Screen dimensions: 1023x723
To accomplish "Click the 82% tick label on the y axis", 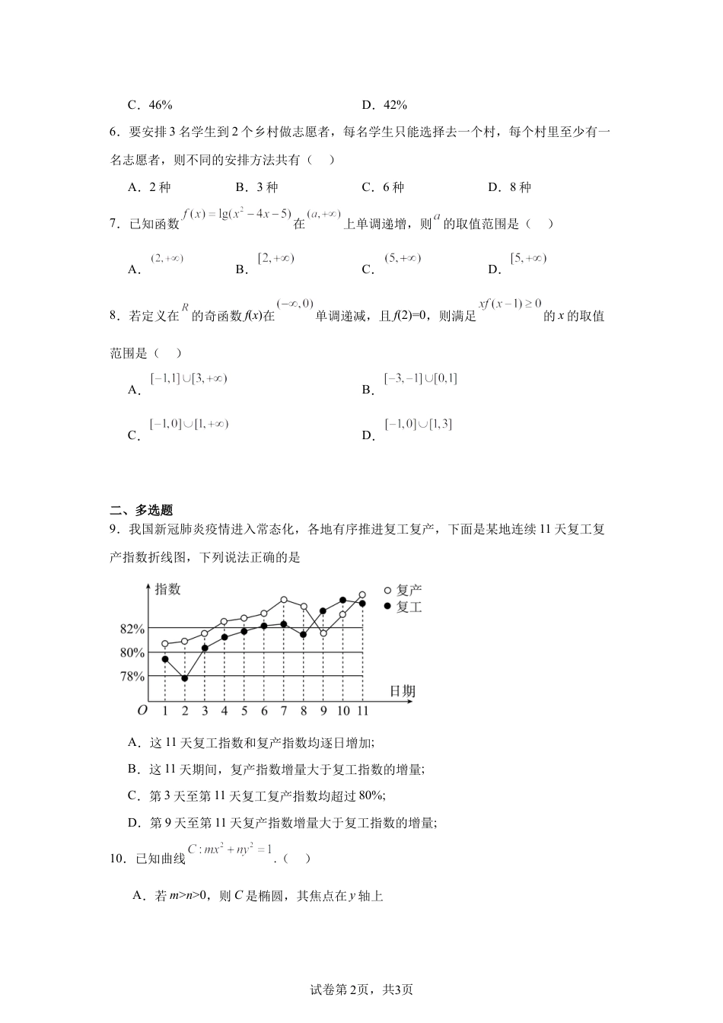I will coord(132,629).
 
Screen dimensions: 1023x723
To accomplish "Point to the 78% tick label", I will coord(132,676).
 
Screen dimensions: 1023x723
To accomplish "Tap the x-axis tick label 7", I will coord(283,711).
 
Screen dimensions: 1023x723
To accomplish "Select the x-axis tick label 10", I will coord(343,711).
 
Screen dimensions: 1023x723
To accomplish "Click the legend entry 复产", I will coord(409,590).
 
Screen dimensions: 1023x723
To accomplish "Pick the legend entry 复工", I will coord(409,607).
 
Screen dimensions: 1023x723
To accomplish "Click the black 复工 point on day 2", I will coord(185,677).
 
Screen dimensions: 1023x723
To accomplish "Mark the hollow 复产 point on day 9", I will coord(323,633).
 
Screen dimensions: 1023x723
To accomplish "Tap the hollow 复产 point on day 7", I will coord(283,600).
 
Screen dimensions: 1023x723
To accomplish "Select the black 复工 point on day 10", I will coord(343,600).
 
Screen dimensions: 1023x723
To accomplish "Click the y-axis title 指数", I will coord(168,589).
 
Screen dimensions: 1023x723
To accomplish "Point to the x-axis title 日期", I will coord(403,691).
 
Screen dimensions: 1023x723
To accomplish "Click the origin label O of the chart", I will coord(142,711).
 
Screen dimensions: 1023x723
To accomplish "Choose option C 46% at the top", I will coord(151,105).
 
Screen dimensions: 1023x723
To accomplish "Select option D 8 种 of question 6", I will coord(510,187).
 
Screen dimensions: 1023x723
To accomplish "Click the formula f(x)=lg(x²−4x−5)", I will coord(237,215).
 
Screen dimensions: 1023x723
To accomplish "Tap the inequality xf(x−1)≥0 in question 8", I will coord(509,304).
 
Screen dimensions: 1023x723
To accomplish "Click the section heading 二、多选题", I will coord(142,511).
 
